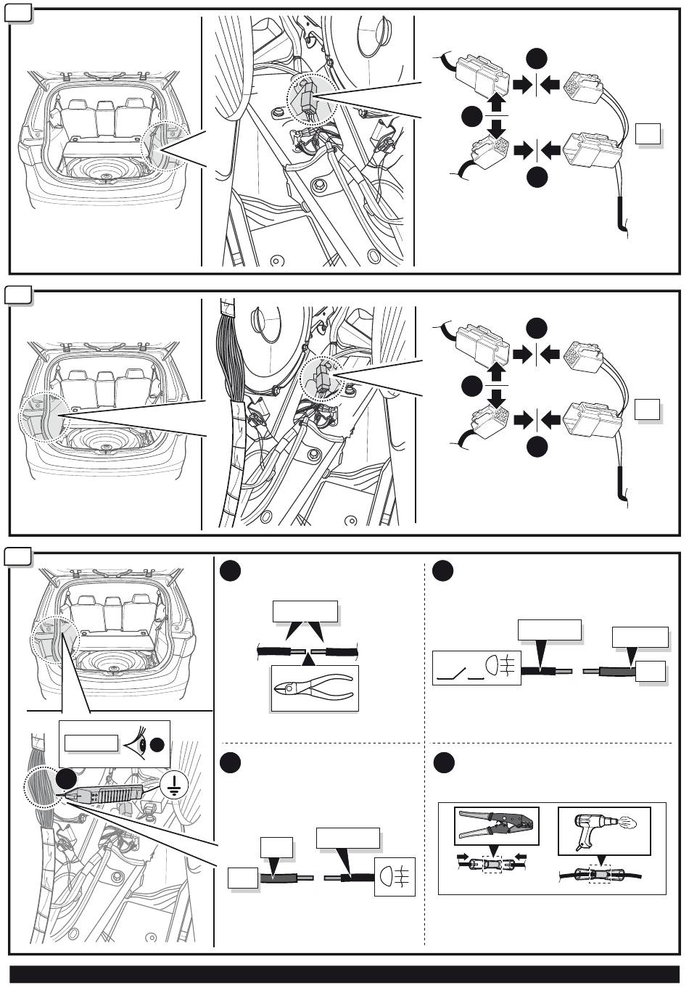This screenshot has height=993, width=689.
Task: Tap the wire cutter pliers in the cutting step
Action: (313, 685)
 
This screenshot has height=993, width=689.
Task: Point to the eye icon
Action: (137, 743)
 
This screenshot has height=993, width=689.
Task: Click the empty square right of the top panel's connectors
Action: (648, 135)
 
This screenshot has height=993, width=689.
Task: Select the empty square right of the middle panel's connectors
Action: (647, 410)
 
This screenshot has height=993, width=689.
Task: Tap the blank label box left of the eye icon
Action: (91, 743)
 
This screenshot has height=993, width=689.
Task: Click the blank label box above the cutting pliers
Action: (305, 611)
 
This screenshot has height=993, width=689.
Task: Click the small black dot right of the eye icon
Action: (159, 744)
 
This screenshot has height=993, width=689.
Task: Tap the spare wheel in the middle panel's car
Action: (107, 448)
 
